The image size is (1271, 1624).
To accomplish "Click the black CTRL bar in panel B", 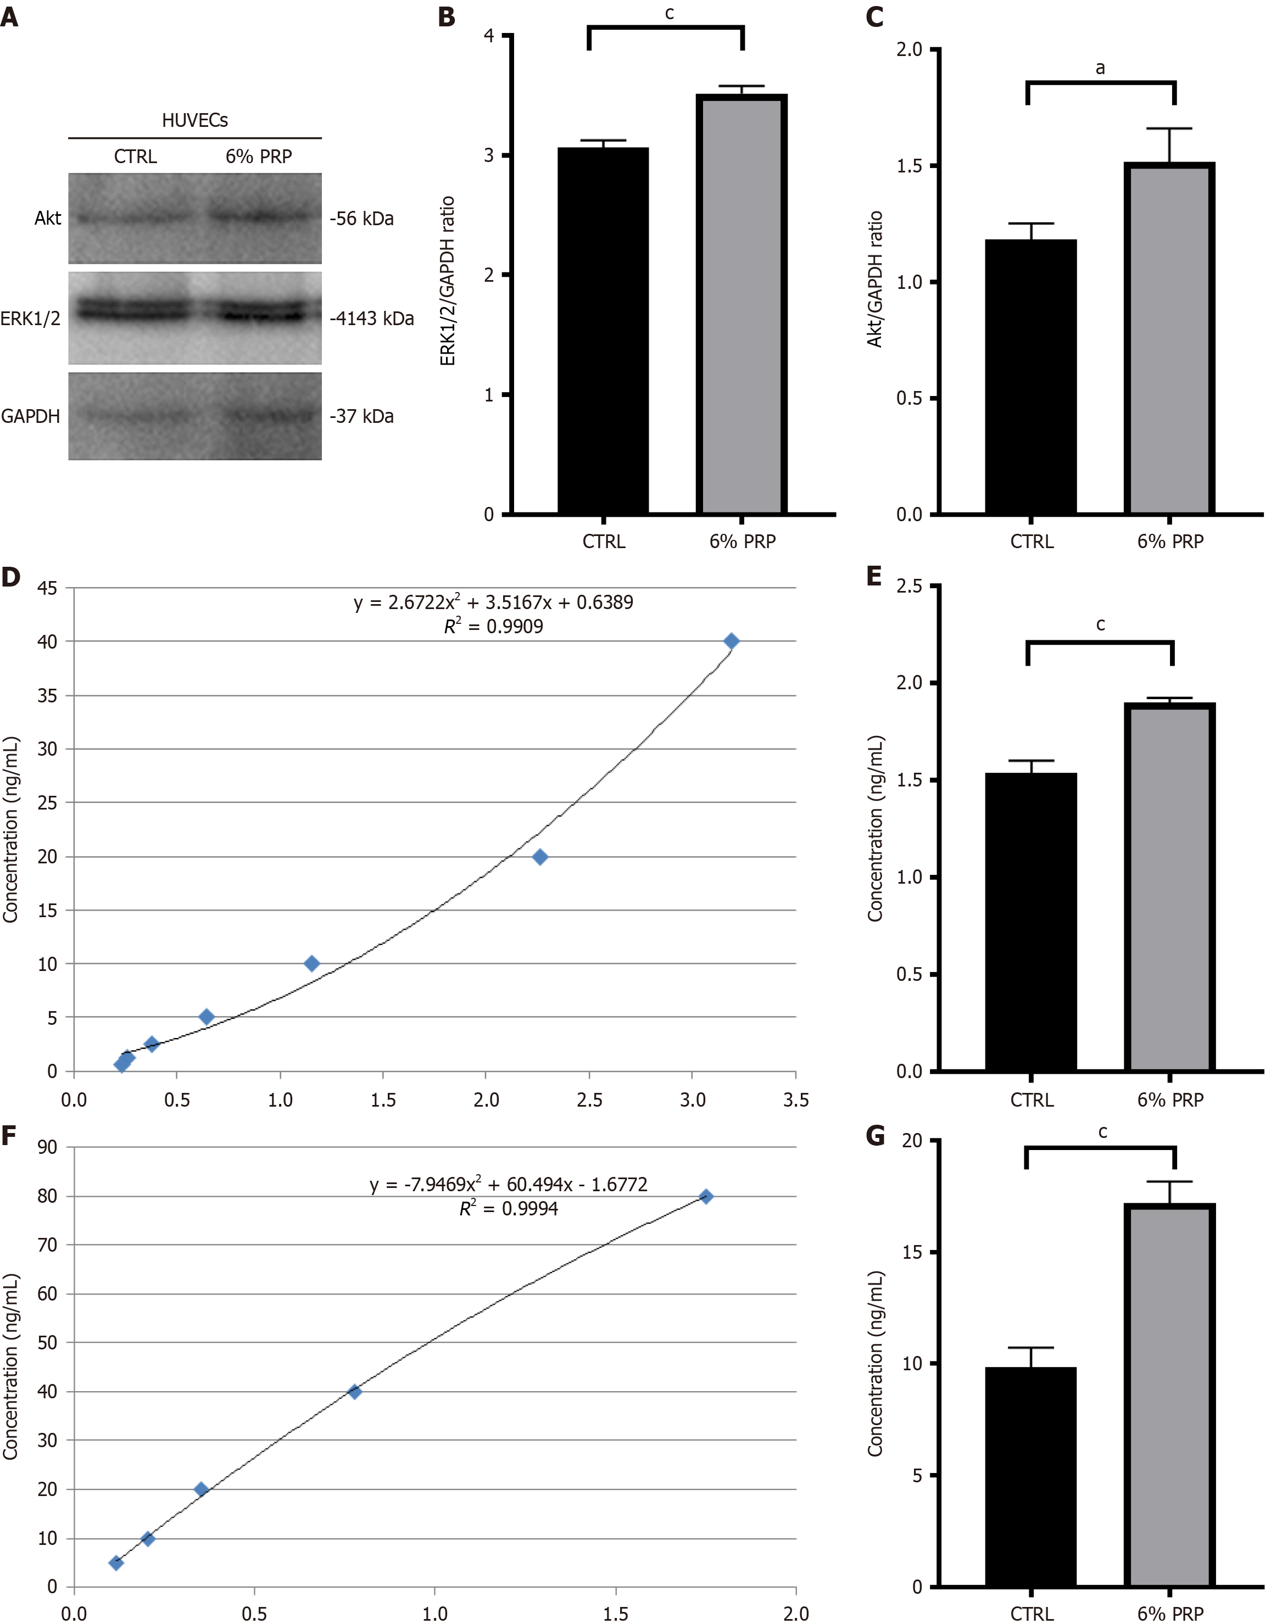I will pyautogui.click(x=603, y=331).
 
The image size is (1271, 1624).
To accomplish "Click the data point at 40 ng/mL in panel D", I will pyautogui.click(x=732, y=641).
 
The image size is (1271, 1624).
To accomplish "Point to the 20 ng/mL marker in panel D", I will pyautogui.click(x=540, y=857).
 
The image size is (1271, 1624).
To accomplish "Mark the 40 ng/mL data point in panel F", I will pyautogui.click(x=355, y=1392).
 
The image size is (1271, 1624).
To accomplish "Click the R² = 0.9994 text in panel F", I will pyautogui.click(x=508, y=1209).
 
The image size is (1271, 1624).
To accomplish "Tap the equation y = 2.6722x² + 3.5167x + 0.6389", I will pyautogui.click(x=493, y=602).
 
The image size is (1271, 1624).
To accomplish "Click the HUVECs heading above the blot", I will pyautogui.click(x=195, y=120).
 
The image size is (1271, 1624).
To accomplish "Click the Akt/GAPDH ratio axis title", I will pyautogui.click(x=875, y=279).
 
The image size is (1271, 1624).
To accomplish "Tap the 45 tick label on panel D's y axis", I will pyautogui.click(x=47, y=588).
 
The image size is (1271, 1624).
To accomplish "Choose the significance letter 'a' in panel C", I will pyautogui.click(x=1100, y=69).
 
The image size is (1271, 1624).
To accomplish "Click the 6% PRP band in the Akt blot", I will pyautogui.click(x=259, y=216).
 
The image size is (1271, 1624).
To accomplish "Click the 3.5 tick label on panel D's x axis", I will pyautogui.click(x=795, y=1100).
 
